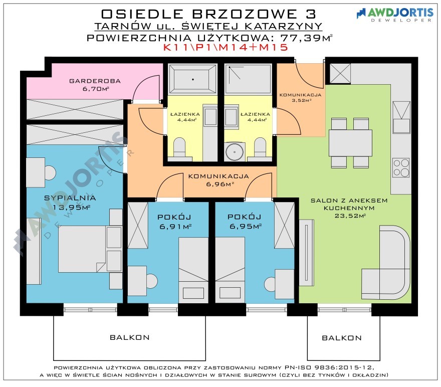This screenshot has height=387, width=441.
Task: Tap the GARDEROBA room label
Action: coord(95,81)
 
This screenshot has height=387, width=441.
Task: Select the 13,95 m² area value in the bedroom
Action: coord(72,207)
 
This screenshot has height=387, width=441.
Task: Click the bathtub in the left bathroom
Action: coord(192,79)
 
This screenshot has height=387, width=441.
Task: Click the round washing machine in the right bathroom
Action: coord(235,151)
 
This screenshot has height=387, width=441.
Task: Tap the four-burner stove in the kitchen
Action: coord(401,167)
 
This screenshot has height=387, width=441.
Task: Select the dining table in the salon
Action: coord(350,142)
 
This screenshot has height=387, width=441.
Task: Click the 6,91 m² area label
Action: coord(175,227)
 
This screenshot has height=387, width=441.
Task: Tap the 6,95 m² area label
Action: coord(246,226)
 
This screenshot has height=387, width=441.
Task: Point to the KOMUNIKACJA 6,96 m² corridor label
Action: coord(219,180)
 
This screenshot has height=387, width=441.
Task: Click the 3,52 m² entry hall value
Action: coord(302,100)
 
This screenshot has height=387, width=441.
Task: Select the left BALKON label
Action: coord(130,337)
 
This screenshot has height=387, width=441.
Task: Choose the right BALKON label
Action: coord(342,338)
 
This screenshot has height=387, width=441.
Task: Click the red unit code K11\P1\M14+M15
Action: coord(226,47)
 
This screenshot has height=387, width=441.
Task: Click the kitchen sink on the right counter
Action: coord(401,117)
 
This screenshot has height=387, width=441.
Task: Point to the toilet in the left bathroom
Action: coord(179,148)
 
